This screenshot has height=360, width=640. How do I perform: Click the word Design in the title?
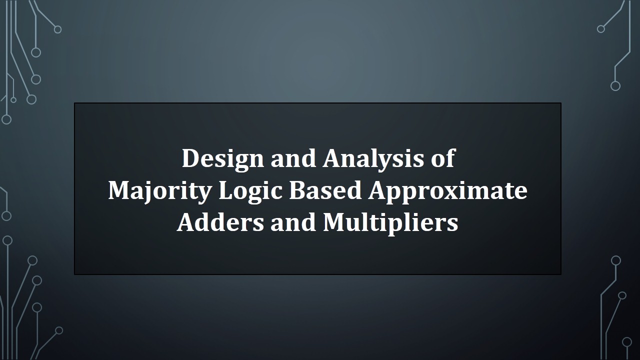223,159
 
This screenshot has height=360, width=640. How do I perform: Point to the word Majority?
159,191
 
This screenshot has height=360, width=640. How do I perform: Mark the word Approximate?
447,191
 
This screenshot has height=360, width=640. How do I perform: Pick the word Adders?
220,222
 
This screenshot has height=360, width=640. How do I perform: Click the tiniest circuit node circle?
13,100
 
